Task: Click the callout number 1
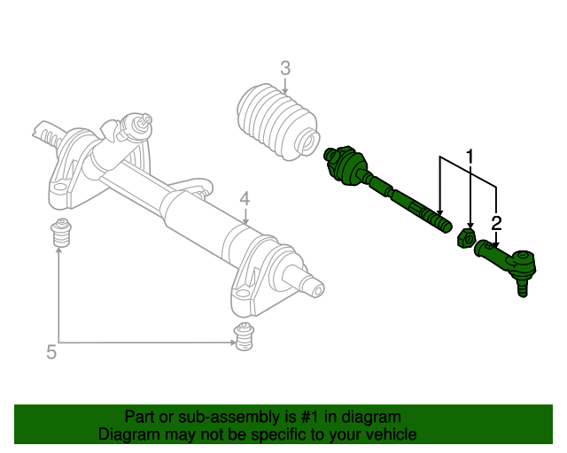[x=470, y=157]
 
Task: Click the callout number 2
[x=496, y=223]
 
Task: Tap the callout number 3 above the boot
[x=285, y=68]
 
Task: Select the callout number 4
[x=245, y=199]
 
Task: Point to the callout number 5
[x=51, y=351]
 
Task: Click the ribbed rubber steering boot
[x=278, y=121]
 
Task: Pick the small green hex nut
[x=466, y=238]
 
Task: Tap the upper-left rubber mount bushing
[x=60, y=233]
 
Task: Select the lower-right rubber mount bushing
[x=245, y=336]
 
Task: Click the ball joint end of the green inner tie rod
[x=345, y=165]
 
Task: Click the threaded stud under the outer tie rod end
[x=522, y=288]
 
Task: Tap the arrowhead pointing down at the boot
[x=285, y=92]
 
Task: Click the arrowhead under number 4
[x=245, y=221]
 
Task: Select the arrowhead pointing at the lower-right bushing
[x=232, y=342]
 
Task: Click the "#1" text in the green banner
[x=309, y=417]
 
